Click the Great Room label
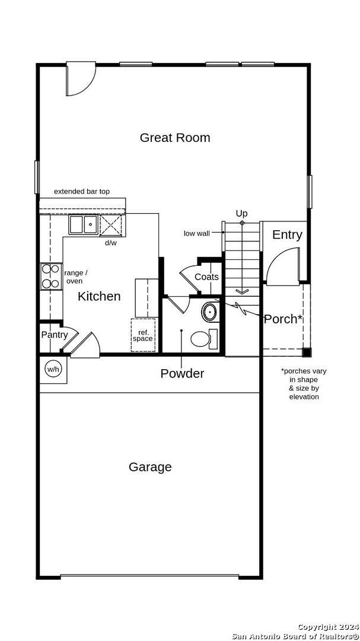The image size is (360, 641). pyautogui.click(x=175, y=138)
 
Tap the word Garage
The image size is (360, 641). pyautogui.click(x=150, y=467)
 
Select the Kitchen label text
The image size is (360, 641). pyautogui.click(x=99, y=296)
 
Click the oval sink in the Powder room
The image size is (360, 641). pyautogui.click(x=210, y=312)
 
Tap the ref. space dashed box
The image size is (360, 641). pyautogui.click(x=143, y=335)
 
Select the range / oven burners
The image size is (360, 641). pyautogui.click(x=51, y=276)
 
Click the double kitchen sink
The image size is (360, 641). pyautogui.click(x=83, y=225)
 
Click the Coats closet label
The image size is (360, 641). pyautogui.click(x=206, y=277)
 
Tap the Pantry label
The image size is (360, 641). pyautogui.click(x=54, y=335)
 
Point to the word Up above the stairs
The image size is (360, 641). pyautogui.click(x=241, y=213)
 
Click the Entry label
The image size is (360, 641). pyautogui.click(x=287, y=234)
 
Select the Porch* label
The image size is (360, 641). pyautogui.click(x=283, y=319)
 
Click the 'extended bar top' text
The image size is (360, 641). pyautogui.click(x=82, y=191)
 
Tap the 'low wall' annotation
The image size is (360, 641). pyautogui.click(x=196, y=233)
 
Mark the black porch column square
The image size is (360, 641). pyautogui.click(x=306, y=353)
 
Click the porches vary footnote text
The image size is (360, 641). pyautogui.click(x=304, y=384)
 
